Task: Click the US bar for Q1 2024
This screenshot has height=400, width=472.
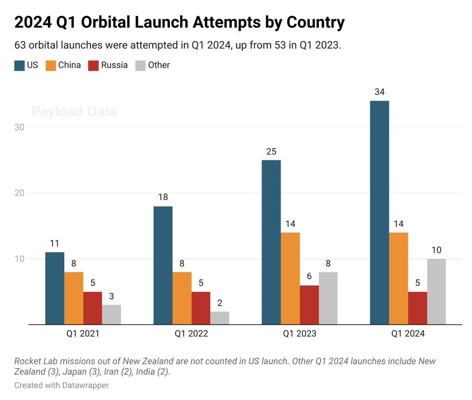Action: [x=379, y=212]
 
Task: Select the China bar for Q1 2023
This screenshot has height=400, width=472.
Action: [x=290, y=278]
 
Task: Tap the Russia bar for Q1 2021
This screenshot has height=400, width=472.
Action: [x=93, y=308]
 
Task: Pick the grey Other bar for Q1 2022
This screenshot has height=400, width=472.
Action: [x=220, y=318]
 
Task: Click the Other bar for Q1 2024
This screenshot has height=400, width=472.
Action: [x=436, y=291]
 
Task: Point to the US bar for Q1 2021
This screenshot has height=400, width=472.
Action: [x=55, y=288]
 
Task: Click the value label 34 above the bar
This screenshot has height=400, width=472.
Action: [x=379, y=92]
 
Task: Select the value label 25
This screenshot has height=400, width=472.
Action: [x=271, y=152]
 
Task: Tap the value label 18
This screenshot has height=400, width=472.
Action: [x=163, y=197]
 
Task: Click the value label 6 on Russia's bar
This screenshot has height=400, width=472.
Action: [x=309, y=276]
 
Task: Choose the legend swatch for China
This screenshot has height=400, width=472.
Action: [x=51, y=65]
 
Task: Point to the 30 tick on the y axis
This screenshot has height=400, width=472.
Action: [x=19, y=127]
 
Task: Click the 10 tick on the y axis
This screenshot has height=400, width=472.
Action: [x=19, y=259]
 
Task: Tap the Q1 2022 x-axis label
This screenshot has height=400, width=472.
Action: [x=191, y=333]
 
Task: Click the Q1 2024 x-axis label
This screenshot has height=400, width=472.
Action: [x=408, y=333]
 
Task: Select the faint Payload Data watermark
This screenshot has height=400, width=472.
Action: [x=75, y=112]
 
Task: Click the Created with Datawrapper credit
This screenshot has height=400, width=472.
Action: [x=62, y=385]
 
